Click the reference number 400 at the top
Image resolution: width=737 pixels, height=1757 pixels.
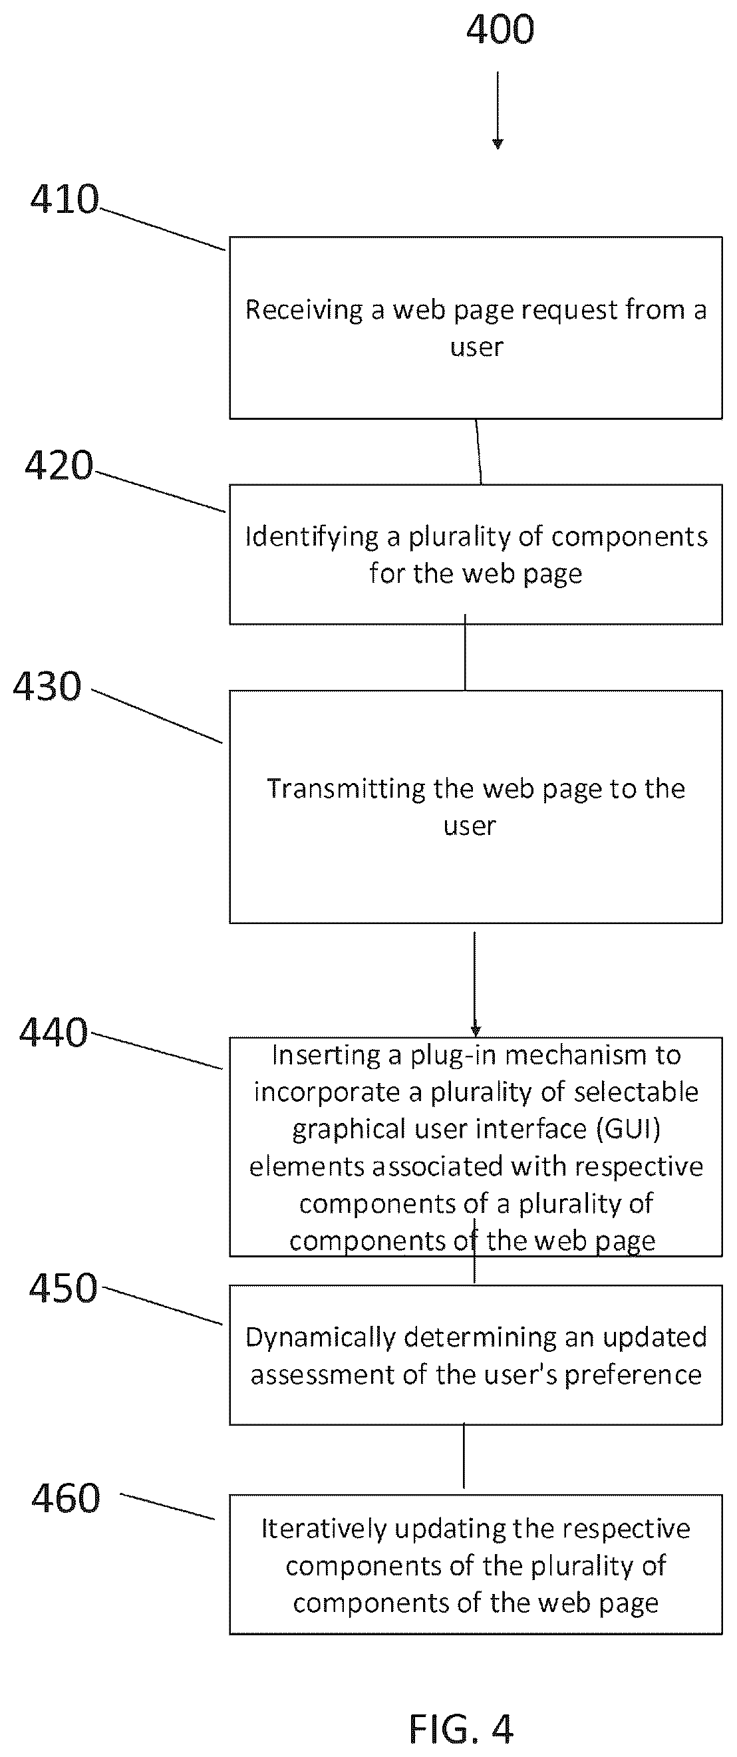click(x=500, y=30)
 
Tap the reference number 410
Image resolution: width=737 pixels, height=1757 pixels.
click(x=65, y=200)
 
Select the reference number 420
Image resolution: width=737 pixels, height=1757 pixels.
click(x=59, y=466)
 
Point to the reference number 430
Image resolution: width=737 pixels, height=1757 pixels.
click(x=47, y=686)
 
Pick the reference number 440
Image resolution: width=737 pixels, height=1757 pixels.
click(x=53, y=1032)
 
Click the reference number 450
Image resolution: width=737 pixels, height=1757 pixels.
click(x=63, y=1289)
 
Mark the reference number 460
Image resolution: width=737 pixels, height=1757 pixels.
click(x=66, y=1498)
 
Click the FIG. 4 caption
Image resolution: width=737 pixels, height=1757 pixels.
click(x=461, y=1729)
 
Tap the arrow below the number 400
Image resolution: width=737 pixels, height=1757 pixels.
click(x=498, y=110)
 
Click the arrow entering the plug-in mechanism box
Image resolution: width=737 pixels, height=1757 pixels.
click(x=475, y=983)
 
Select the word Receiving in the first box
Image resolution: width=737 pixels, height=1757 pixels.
click(x=304, y=310)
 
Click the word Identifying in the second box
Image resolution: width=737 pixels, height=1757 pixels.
click(x=312, y=538)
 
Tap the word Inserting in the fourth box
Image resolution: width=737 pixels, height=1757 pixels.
click(x=327, y=1056)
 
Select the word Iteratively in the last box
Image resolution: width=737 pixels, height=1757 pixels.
click(x=324, y=1530)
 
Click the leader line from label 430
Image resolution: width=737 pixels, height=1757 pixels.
click(x=157, y=716)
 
